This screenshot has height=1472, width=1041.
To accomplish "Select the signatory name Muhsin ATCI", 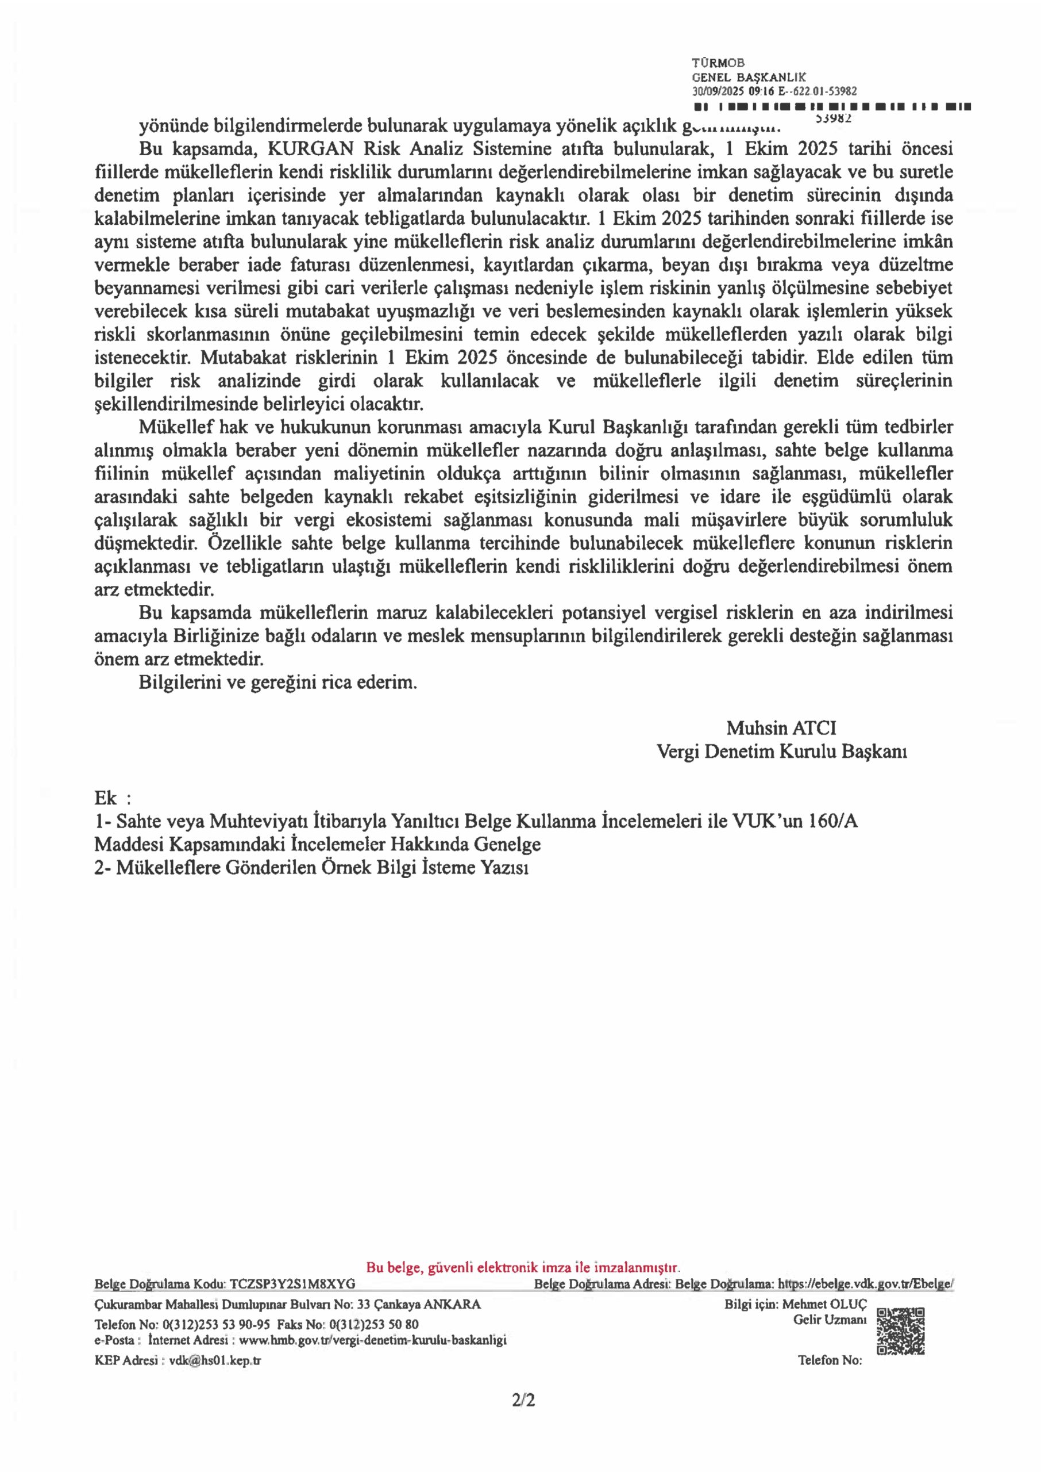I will click(781, 728).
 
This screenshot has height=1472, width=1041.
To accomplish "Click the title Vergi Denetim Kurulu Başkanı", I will click(781, 751).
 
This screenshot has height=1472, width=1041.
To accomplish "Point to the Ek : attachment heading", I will click(113, 799).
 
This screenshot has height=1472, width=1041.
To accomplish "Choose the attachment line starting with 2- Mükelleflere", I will click(311, 867).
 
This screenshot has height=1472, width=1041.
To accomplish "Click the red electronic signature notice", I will click(523, 1267).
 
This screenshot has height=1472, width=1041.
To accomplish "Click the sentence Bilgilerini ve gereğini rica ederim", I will click(277, 683).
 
